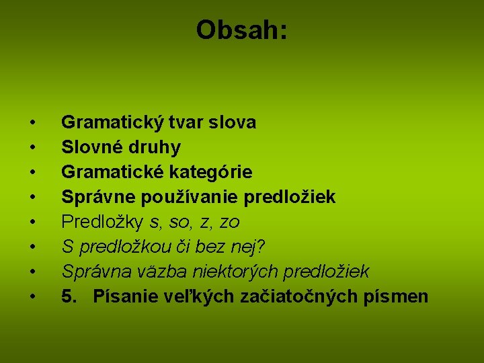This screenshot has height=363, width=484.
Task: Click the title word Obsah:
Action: tap(241, 30)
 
